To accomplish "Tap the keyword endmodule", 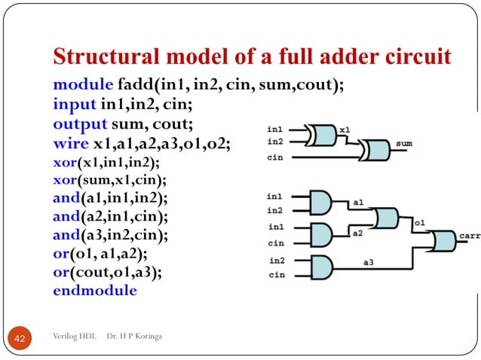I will (95, 290).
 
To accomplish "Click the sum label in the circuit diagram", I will (403, 142).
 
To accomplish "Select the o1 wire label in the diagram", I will (418, 223).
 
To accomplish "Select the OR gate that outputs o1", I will (385, 219).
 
